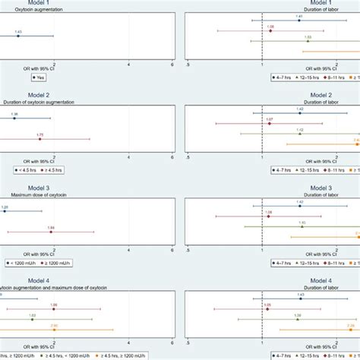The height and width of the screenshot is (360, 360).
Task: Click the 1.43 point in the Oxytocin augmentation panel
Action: point(18,36)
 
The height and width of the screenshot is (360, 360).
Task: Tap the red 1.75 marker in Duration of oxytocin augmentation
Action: point(40,139)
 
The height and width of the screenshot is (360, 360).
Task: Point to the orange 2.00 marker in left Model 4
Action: point(54,330)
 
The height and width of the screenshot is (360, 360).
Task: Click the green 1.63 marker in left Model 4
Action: point(33,319)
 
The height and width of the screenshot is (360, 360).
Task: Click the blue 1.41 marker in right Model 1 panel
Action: point(299,21)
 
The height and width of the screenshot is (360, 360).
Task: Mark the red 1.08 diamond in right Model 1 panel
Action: point(270,31)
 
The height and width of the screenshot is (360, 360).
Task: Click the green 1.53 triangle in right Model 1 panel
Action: point(308,41)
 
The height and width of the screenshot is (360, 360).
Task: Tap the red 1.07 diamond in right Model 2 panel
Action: point(270,123)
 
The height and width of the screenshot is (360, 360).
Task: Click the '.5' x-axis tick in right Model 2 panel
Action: point(187,157)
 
